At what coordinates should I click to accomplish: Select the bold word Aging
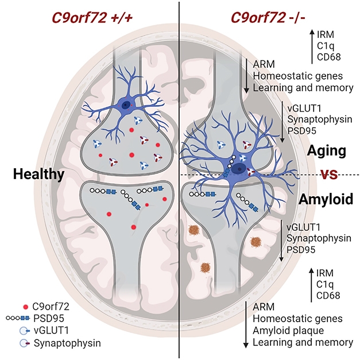pos(326,151)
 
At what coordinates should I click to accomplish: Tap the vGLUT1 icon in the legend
pos(24,331)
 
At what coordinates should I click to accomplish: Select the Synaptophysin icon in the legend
pos(24,343)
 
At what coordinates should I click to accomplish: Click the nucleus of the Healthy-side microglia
pos(126,104)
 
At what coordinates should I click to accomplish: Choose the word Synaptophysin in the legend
pos(67,343)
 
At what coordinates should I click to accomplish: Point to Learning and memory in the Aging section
pos(299,88)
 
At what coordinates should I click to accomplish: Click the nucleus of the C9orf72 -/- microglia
pos(237,168)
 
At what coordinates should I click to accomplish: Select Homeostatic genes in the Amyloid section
pos(297,319)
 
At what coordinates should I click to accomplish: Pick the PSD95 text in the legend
pos(51,319)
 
